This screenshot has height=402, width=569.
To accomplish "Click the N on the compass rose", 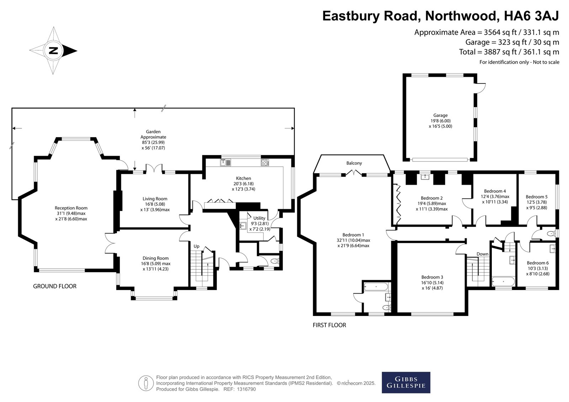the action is coord(53,51).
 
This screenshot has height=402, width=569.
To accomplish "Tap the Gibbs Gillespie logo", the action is coord(406,382).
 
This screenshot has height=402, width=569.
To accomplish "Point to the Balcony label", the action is coord(354,163).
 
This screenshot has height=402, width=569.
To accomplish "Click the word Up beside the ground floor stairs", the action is coord(196,246).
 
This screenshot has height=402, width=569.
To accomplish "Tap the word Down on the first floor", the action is coord(482,254).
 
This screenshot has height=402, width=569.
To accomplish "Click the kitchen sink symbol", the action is coord(225,162).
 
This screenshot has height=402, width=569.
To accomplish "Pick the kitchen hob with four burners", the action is coord(265,162).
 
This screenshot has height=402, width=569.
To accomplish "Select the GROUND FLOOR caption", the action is coord(55,286).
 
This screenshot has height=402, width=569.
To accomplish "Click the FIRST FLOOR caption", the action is coord(329,325).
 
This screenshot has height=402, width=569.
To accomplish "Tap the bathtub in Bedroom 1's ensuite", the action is coord(376,287).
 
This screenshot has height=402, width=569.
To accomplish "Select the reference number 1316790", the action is coord(246,389).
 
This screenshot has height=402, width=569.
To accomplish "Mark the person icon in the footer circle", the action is coord(146,383).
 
